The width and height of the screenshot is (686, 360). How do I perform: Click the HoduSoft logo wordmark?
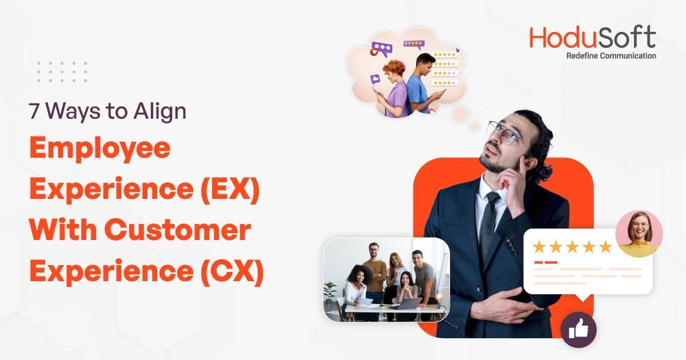[x=592, y=37]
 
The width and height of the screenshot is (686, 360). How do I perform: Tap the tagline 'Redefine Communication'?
[x=611, y=56]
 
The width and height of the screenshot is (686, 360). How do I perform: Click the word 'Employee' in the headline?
[x=100, y=149]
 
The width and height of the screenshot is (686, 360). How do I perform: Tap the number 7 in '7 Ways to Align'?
[x=35, y=111]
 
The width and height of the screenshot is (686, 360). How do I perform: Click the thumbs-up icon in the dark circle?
[x=578, y=329]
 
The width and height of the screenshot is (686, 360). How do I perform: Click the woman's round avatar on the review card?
[x=639, y=234]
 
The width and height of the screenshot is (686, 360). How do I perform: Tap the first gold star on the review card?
[x=539, y=247]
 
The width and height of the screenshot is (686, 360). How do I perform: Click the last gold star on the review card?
[x=605, y=247]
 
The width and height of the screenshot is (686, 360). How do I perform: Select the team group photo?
[x=386, y=280]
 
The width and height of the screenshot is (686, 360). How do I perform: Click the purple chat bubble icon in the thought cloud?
[x=381, y=48]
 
